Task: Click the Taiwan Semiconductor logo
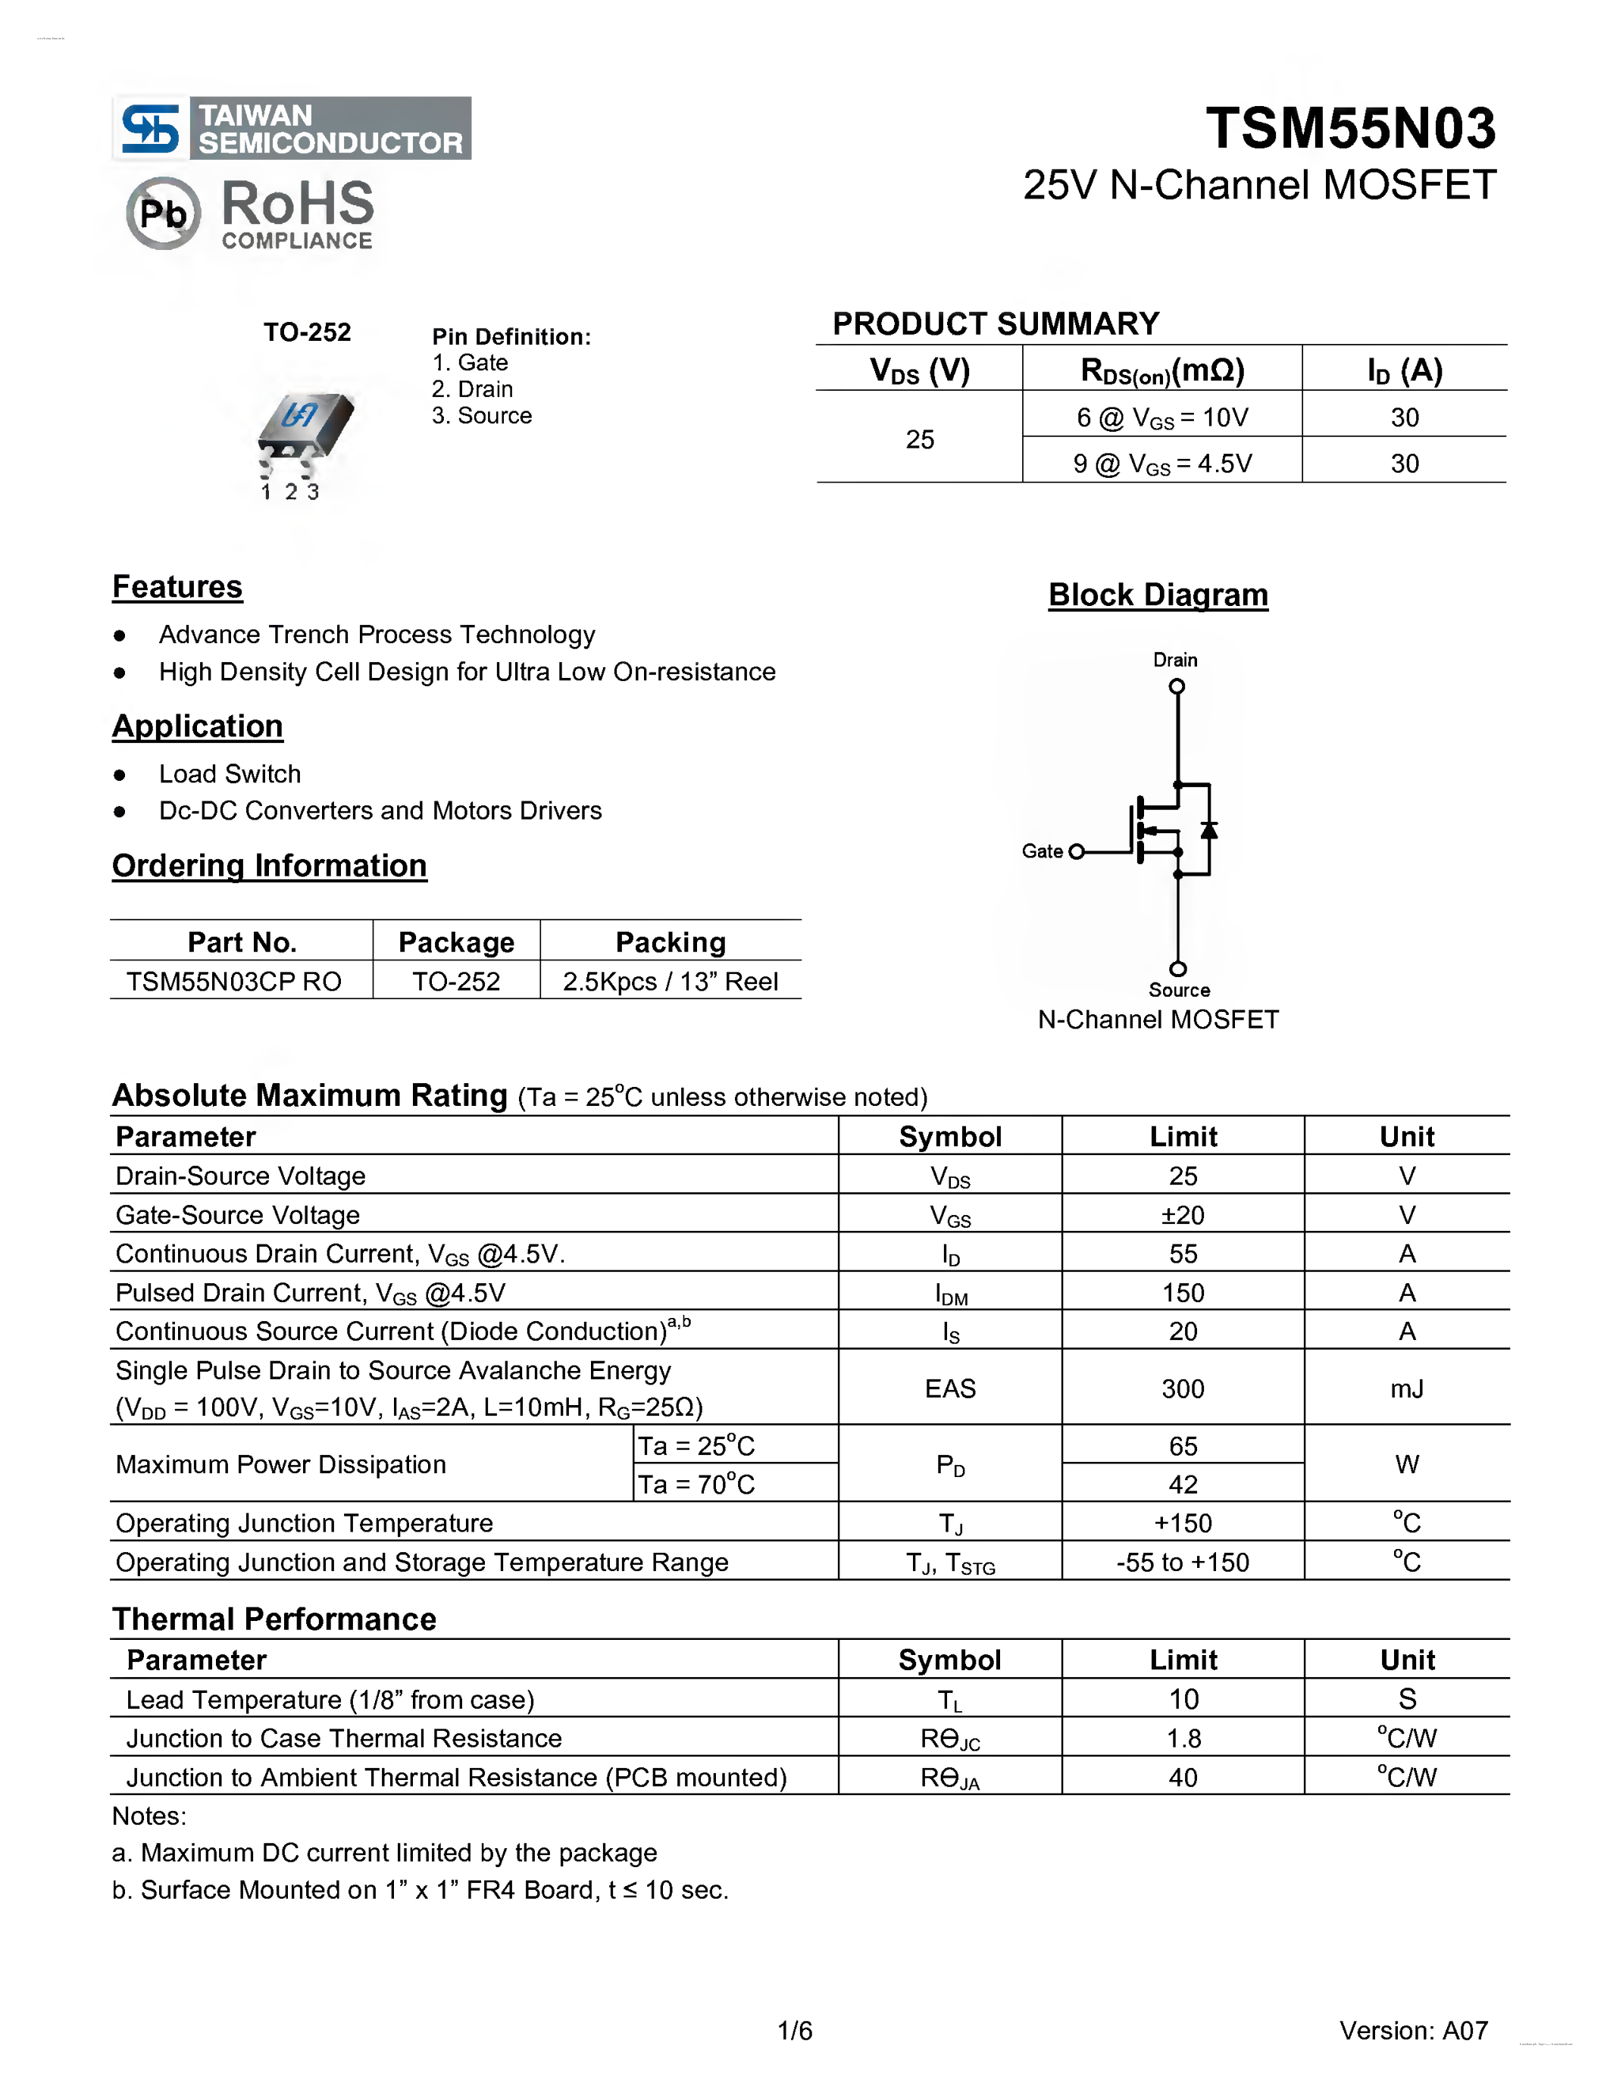click(291, 128)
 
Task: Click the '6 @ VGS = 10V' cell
click(1161, 418)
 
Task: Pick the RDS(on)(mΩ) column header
click(1161, 370)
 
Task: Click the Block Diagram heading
click(1158, 594)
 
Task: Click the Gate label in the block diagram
click(1042, 851)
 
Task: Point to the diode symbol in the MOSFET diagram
click(1208, 829)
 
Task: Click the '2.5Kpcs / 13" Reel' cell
click(670, 982)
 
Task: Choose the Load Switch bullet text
click(230, 773)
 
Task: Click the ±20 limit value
click(1183, 1215)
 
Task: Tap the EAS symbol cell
click(950, 1388)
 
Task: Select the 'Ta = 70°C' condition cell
click(696, 1484)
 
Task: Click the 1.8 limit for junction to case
click(1183, 1738)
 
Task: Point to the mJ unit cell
click(1407, 1388)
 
